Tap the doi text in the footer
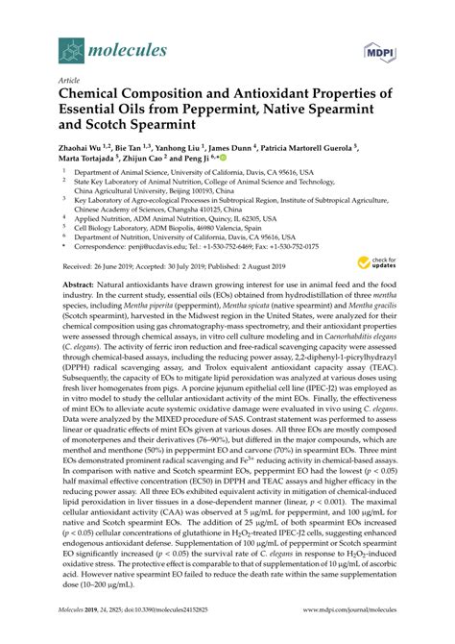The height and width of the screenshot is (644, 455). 179,623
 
